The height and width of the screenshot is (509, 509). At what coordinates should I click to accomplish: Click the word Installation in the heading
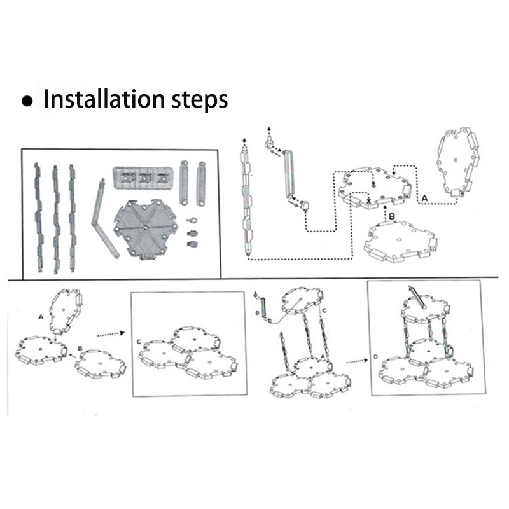click(x=104, y=99)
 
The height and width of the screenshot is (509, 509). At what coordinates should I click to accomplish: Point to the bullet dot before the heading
click(x=27, y=101)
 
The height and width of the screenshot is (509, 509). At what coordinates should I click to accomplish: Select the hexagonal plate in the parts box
click(x=145, y=229)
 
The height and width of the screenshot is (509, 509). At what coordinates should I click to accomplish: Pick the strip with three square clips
click(x=143, y=178)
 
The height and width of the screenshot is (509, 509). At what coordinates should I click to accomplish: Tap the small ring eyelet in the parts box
click(x=192, y=221)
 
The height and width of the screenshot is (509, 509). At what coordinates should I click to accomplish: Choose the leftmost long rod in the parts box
click(x=38, y=218)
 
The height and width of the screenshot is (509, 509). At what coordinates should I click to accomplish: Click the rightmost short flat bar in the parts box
click(x=201, y=183)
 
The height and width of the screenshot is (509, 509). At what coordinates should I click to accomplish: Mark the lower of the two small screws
click(x=193, y=244)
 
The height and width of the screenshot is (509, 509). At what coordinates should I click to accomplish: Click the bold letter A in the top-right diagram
click(x=424, y=198)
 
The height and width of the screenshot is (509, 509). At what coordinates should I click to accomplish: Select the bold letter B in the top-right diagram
click(x=392, y=216)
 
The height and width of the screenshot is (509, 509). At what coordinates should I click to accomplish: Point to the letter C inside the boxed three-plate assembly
click(x=139, y=342)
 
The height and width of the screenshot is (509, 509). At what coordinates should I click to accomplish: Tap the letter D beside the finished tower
click(x=375, y=357)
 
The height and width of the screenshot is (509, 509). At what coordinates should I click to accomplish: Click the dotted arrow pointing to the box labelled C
click(x=111, y=334)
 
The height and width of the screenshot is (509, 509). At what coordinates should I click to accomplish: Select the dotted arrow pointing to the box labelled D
click(x=357, y=361)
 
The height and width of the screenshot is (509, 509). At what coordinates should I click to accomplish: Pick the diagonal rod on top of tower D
click(x=418, y=296)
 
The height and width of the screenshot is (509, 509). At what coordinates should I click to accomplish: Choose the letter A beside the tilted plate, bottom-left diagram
click(x=41, y=316)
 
